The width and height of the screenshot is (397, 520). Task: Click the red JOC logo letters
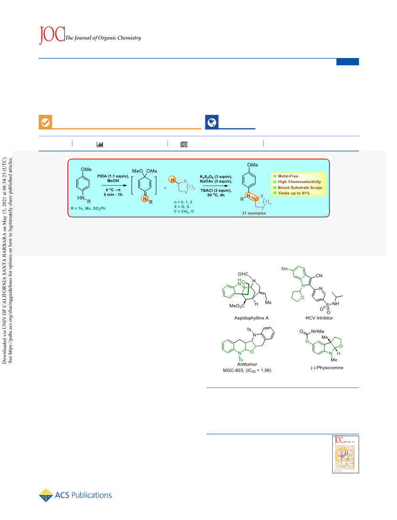pos(52,34)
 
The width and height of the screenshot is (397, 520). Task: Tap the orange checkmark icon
pos(45,122)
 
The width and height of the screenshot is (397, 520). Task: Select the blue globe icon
pos(212,122)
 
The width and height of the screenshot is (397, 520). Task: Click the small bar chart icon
pos(100,144)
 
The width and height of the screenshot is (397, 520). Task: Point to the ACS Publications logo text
pos(83,495)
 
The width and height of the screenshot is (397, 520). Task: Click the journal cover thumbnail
pos(346,454)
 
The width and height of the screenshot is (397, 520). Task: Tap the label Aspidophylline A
pos(251,318)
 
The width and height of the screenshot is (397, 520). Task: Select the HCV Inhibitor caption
pos(319,318)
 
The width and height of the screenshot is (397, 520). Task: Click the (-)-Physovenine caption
pos(326,368)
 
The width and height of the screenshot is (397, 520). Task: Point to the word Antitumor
pos(247,364)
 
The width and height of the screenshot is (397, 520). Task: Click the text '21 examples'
pos(254,213)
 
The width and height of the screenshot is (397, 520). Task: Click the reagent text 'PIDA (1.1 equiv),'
pos(113,176)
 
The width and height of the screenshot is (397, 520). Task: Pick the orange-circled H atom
pos(172,180)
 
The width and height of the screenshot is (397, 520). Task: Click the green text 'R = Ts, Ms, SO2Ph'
pos(88,208)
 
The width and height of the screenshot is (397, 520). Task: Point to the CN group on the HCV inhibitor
pos(319,276)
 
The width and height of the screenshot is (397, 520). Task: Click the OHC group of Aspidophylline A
pos(243,274)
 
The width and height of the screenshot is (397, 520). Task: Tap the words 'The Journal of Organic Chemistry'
pos(103,38)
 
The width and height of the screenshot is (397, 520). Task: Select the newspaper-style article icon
pos(184,144)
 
